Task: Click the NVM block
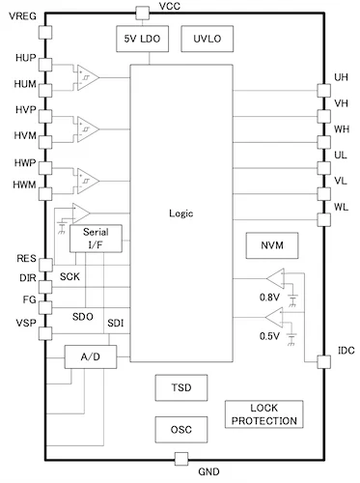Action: point(271,245)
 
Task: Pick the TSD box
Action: point(180,385)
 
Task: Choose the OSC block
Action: point(180,428)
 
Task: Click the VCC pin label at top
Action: point(169,7)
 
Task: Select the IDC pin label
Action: point(345,350)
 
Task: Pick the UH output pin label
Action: point(341,77)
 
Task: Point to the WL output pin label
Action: point(341,206)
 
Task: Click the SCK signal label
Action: point(70,277)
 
